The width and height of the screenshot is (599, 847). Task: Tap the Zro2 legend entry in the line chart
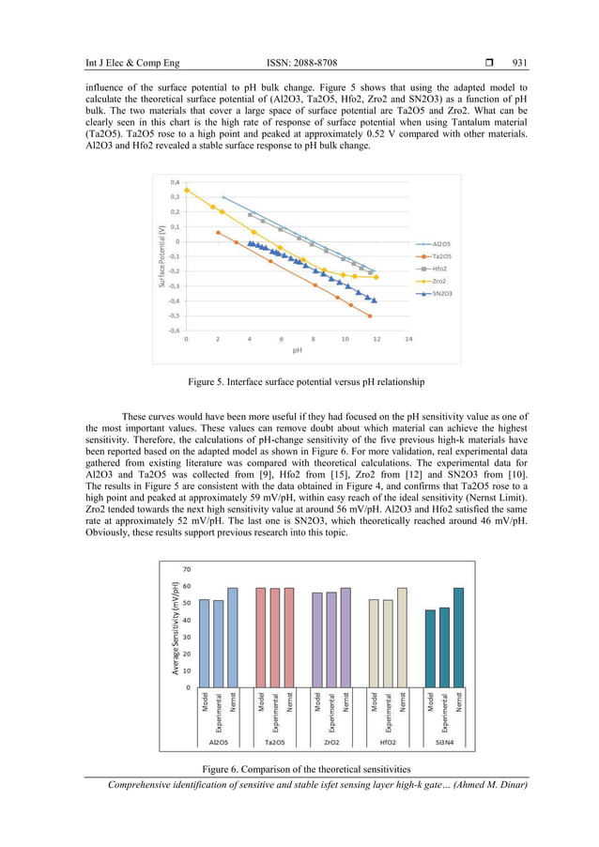pos(439,281)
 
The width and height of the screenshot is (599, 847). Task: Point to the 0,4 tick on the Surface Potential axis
pos(175,182)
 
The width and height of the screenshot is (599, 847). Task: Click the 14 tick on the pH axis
pos(408,339)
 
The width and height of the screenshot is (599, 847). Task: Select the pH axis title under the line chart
pos(297,349)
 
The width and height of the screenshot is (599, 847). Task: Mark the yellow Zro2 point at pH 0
pos(186,190)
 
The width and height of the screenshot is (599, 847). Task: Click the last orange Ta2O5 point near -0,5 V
pos(370,316)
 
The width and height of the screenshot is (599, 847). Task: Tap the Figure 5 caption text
pos(299,382)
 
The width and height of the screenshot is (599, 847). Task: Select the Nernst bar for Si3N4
pos(458,638)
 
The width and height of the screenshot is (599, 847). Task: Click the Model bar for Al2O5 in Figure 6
pos(204,643)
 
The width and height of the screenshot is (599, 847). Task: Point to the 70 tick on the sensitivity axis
pos(187,569)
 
